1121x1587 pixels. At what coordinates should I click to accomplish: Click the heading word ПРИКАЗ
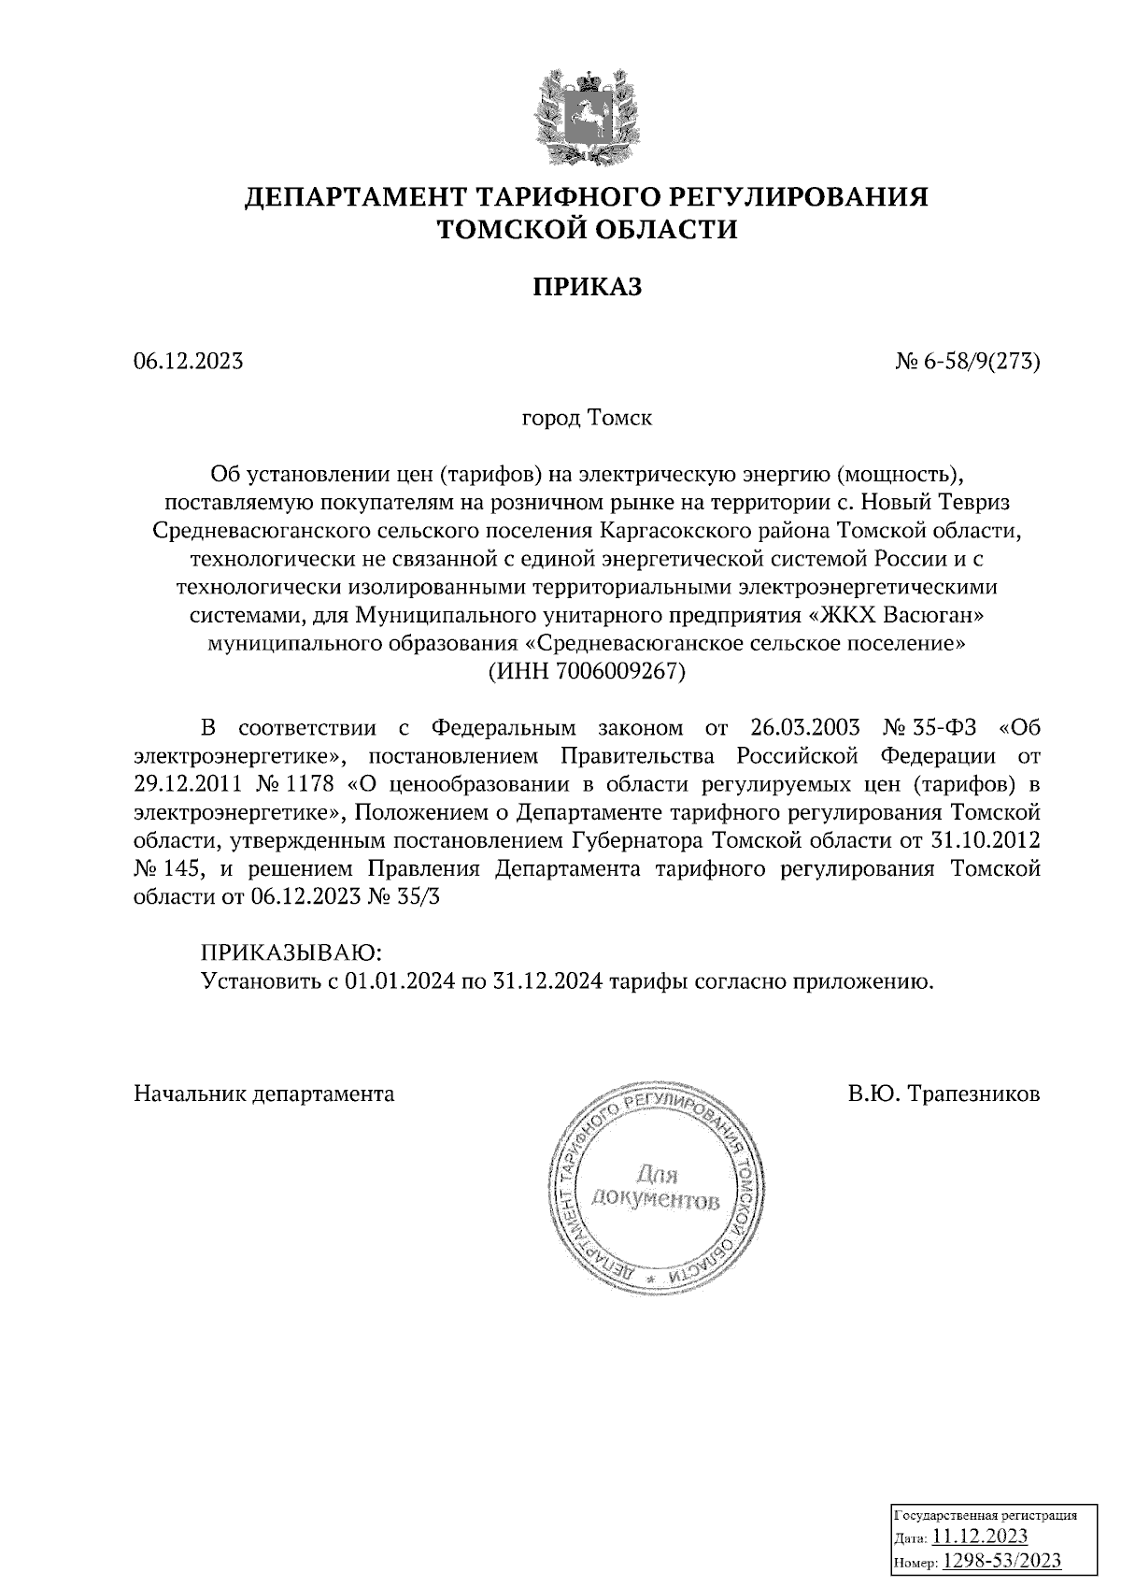coord(587,287)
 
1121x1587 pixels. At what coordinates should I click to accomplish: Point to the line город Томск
coord(587,418)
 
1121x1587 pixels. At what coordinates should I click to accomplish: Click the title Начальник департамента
coord(263,1093)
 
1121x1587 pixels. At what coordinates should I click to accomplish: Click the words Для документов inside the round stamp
coord(657,1188)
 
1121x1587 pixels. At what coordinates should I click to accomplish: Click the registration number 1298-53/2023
coord(1001,1534)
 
